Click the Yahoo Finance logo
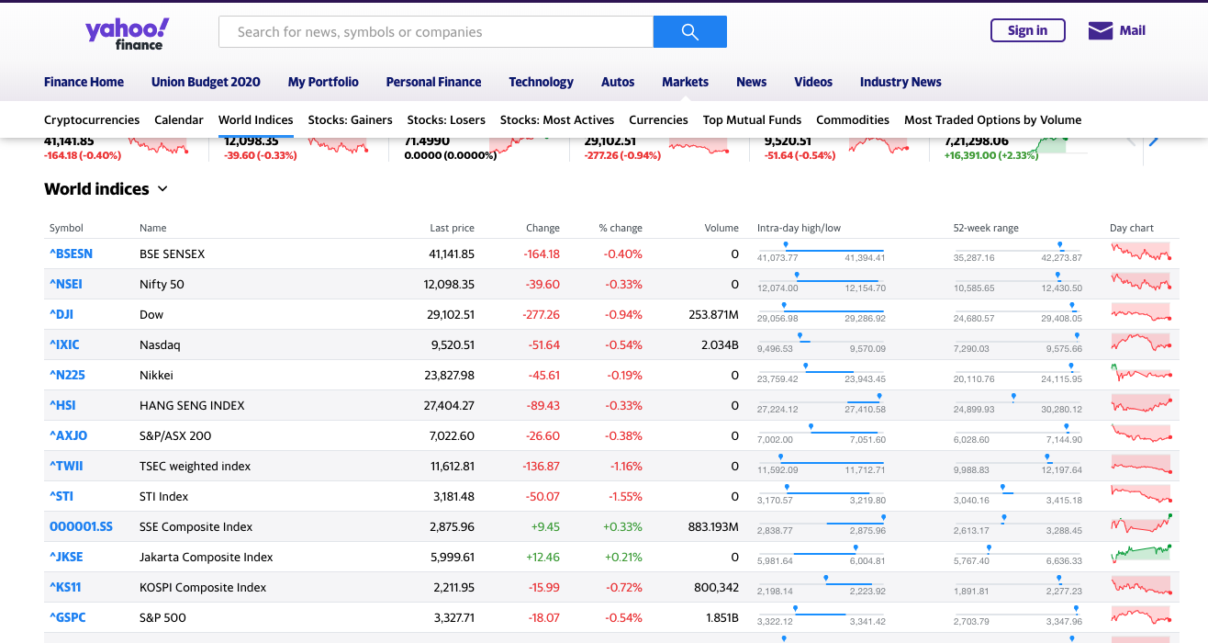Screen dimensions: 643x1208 127,33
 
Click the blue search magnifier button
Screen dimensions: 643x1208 689,32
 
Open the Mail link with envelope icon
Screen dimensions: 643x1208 1116,31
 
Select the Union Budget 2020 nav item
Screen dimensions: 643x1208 206,82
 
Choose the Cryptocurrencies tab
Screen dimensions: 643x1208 92,119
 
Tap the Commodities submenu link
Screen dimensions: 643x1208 852,119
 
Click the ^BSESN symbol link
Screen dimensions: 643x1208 71,254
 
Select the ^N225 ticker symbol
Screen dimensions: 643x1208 67,375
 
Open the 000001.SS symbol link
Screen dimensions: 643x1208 81,526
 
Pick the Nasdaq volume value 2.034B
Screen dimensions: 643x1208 719,344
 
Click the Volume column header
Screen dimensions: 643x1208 721,228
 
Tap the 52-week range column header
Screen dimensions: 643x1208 985,228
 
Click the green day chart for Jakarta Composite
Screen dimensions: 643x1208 1141,554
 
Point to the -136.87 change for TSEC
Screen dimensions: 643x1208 541,466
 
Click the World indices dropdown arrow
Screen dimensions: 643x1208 162,189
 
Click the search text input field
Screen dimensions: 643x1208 435,32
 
